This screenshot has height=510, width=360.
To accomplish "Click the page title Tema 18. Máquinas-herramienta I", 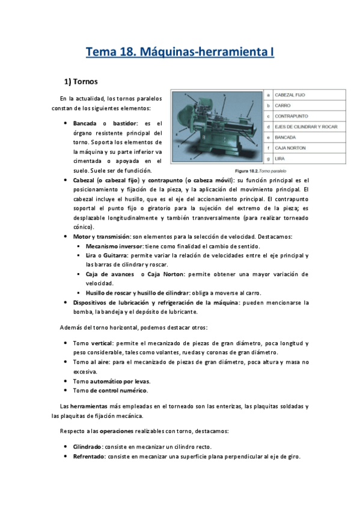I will (180, 52).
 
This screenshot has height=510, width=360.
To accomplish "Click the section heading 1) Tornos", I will (82, 81).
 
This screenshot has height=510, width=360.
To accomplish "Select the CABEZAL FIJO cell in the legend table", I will (290, 95).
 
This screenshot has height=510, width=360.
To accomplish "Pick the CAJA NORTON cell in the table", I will (290, 148).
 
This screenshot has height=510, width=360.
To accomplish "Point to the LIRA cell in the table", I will (279, 159).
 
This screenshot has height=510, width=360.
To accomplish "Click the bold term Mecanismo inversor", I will (115, 247).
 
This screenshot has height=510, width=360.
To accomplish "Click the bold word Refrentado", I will (89, 456).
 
